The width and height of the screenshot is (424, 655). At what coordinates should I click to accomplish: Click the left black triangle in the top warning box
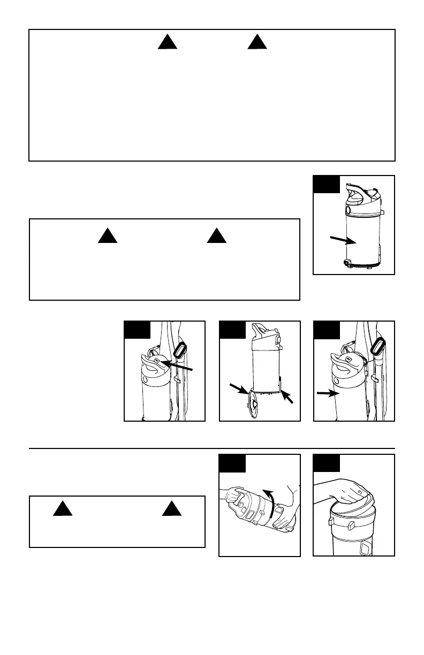[167, 42]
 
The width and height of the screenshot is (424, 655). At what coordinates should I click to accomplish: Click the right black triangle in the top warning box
[258, 42]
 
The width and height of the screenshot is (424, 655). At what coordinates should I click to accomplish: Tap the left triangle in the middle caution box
[108, 236]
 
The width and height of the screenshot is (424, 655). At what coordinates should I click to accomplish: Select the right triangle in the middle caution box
[216, 236]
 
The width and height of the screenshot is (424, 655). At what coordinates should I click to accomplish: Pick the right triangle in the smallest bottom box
[171, 509]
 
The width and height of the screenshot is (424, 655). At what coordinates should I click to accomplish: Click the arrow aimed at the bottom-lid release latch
[288, 397]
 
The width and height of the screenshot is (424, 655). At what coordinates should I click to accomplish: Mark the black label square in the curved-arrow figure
[232, 463]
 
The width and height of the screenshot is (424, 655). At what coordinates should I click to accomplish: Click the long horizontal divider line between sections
[211, 448]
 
